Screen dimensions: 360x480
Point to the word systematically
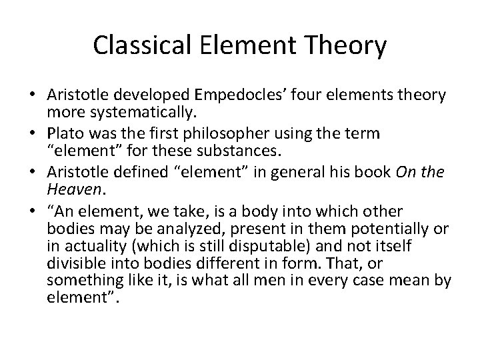(x=129, y=110)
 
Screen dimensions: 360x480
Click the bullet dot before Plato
(x=33, y=133)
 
